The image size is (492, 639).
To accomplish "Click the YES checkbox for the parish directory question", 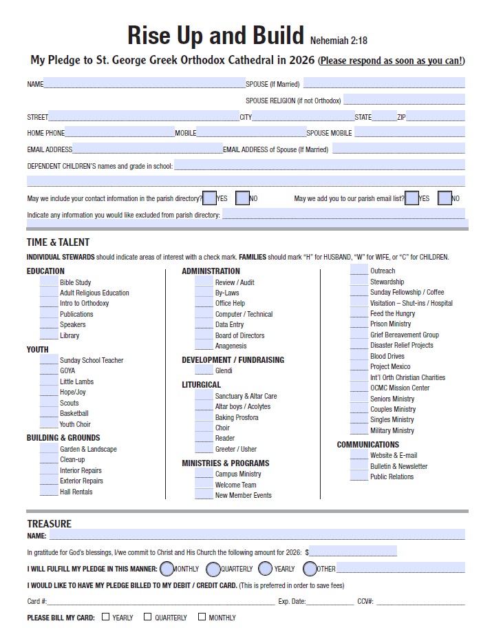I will coord(210,198).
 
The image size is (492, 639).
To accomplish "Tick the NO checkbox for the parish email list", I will coord(445,198).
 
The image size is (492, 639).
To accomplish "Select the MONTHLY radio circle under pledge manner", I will coord(167,569).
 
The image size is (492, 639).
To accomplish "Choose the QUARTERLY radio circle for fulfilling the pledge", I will coord(213,569).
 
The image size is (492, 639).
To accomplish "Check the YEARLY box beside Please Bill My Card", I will coord(105,617).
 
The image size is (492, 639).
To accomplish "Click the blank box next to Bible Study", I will coord(49,282).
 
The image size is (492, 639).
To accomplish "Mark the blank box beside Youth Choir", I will coord(49,423).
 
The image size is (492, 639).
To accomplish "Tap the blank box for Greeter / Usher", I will coord(204,448).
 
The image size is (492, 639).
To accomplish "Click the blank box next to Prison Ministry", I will coord(359,323).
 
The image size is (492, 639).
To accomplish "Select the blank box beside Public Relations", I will coord(359,476).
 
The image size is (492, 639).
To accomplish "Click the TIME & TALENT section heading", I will coord(58,242).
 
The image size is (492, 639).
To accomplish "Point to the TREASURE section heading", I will coord(49,523).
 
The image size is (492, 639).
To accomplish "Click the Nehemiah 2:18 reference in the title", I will coord(339,41).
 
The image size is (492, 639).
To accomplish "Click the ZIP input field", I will coord(435,116).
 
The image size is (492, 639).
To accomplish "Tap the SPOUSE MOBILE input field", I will coord(409,132).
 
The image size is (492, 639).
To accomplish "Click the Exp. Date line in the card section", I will coord(330,600).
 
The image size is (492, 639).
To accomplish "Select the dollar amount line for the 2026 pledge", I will coord(353,551).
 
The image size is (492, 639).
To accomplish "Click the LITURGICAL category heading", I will coord(201,384).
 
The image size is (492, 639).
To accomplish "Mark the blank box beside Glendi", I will coord(204,370).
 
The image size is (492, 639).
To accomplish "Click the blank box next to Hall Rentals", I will coord(49,491).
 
